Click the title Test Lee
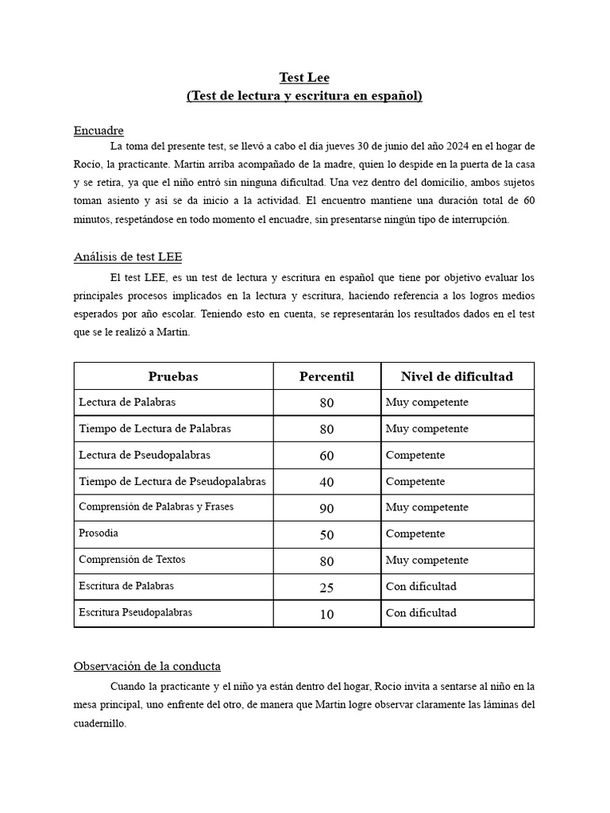(304, 77)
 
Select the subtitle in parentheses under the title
(304, 96)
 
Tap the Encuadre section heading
(98, 130)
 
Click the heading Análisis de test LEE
(128, 256)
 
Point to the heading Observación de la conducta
(147, 665)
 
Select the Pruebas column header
(173, 376)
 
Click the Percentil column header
(326, 376)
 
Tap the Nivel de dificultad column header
(457, 376)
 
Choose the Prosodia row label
(98, 534)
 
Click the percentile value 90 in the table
(326, 508)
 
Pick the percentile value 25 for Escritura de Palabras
(326, 588)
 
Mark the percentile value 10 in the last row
(326, 614)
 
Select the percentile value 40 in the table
(326, 482)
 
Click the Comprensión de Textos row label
(132, 560)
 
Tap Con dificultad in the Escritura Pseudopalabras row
(421, 613)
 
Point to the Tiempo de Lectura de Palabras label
(155, 429)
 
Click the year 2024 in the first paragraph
(456, 146)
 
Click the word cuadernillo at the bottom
(100, 724)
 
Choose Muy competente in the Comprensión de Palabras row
(427, 507)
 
